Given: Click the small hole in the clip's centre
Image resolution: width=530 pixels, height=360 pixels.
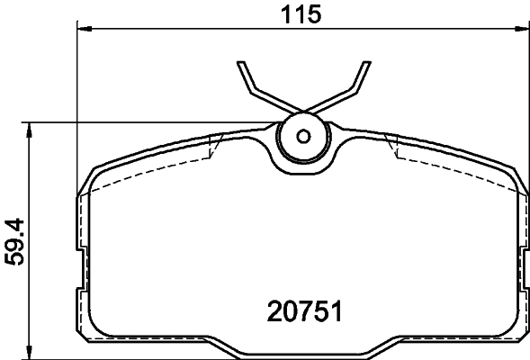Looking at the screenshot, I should (303, 137).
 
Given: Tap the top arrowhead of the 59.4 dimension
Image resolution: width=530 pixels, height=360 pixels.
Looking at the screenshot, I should (31, 130).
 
